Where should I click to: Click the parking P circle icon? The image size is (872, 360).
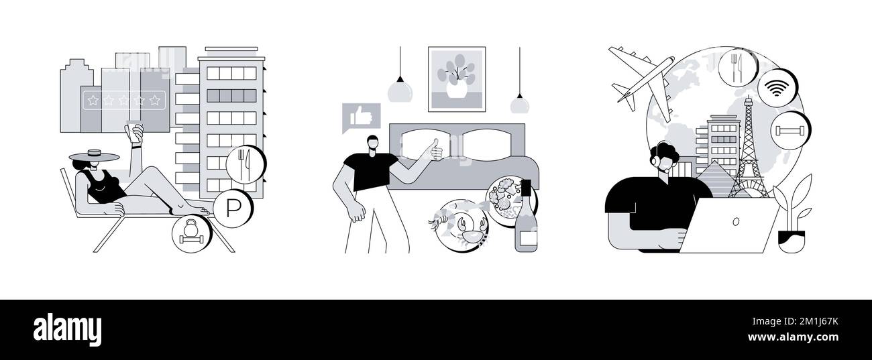tap(233, 209)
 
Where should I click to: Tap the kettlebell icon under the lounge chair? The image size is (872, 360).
tap(191, 233)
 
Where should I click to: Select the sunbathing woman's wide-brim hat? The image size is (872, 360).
tap(94, 156)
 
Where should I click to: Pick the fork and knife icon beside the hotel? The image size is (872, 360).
tap(246, 165)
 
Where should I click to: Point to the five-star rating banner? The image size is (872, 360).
tap(124, 100)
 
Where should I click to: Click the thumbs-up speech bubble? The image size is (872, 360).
tap(361, 117)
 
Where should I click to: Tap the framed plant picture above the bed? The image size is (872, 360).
tap(457, 79)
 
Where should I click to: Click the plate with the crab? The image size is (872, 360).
tap(462, 225)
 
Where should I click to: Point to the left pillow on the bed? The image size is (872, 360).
tap(426, 144)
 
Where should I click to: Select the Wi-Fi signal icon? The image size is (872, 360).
tap(777, 88)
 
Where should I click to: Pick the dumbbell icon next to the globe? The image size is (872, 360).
tap(790, 130)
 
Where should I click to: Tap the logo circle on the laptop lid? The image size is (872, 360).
tap(736, 221)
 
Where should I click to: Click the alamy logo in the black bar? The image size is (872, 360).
tap(67, 329)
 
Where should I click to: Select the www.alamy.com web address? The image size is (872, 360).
tap(793, 337)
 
